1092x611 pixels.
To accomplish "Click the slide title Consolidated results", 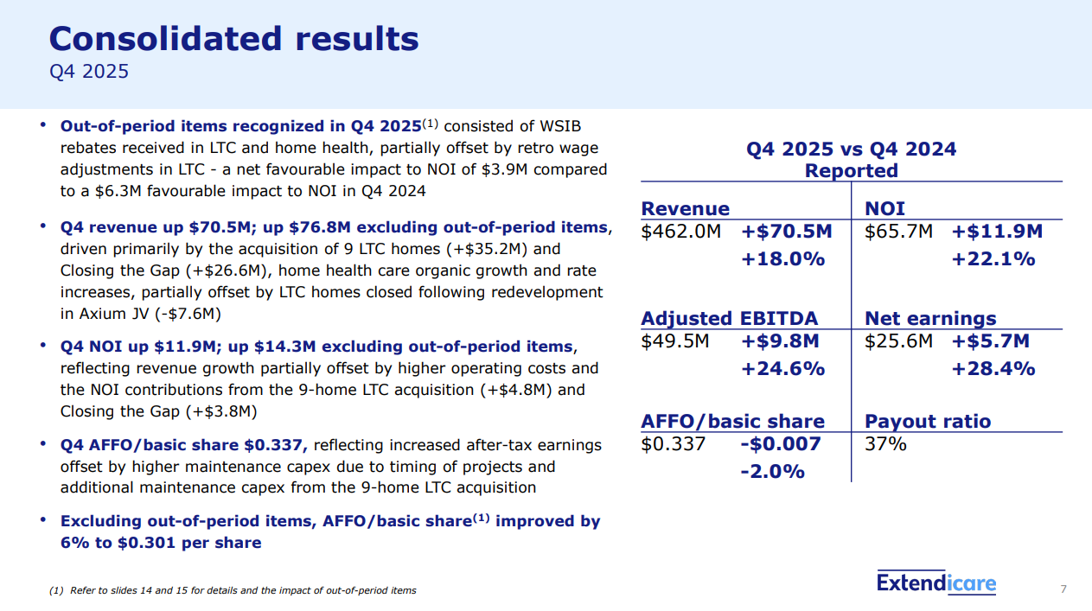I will coord(233,39).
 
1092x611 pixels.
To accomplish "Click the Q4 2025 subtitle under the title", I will coord(88,71).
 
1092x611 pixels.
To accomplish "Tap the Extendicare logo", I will coord(936,583).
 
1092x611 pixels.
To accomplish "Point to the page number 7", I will coord(1063,589).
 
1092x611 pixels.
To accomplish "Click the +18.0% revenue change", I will coord(782,259).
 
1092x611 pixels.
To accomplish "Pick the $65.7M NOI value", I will coord(899,232).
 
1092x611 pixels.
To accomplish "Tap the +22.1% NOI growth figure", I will coord(993,259).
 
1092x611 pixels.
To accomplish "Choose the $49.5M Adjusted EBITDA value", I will coord(675,341).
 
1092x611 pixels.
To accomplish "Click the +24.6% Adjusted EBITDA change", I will coord(782,369).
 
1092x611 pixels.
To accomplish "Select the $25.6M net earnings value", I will coord(899,341).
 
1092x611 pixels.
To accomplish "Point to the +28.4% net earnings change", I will coord(993,369).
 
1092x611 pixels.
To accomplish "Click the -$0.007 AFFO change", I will coord(781,444).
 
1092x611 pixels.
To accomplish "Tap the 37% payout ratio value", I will coord(885,444).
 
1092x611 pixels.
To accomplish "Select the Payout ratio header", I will coord(928,422).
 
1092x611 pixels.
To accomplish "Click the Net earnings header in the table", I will coord(930,318).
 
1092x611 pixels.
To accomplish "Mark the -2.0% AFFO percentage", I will coord(772,472).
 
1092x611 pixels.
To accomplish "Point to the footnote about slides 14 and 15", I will coord(233,590).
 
